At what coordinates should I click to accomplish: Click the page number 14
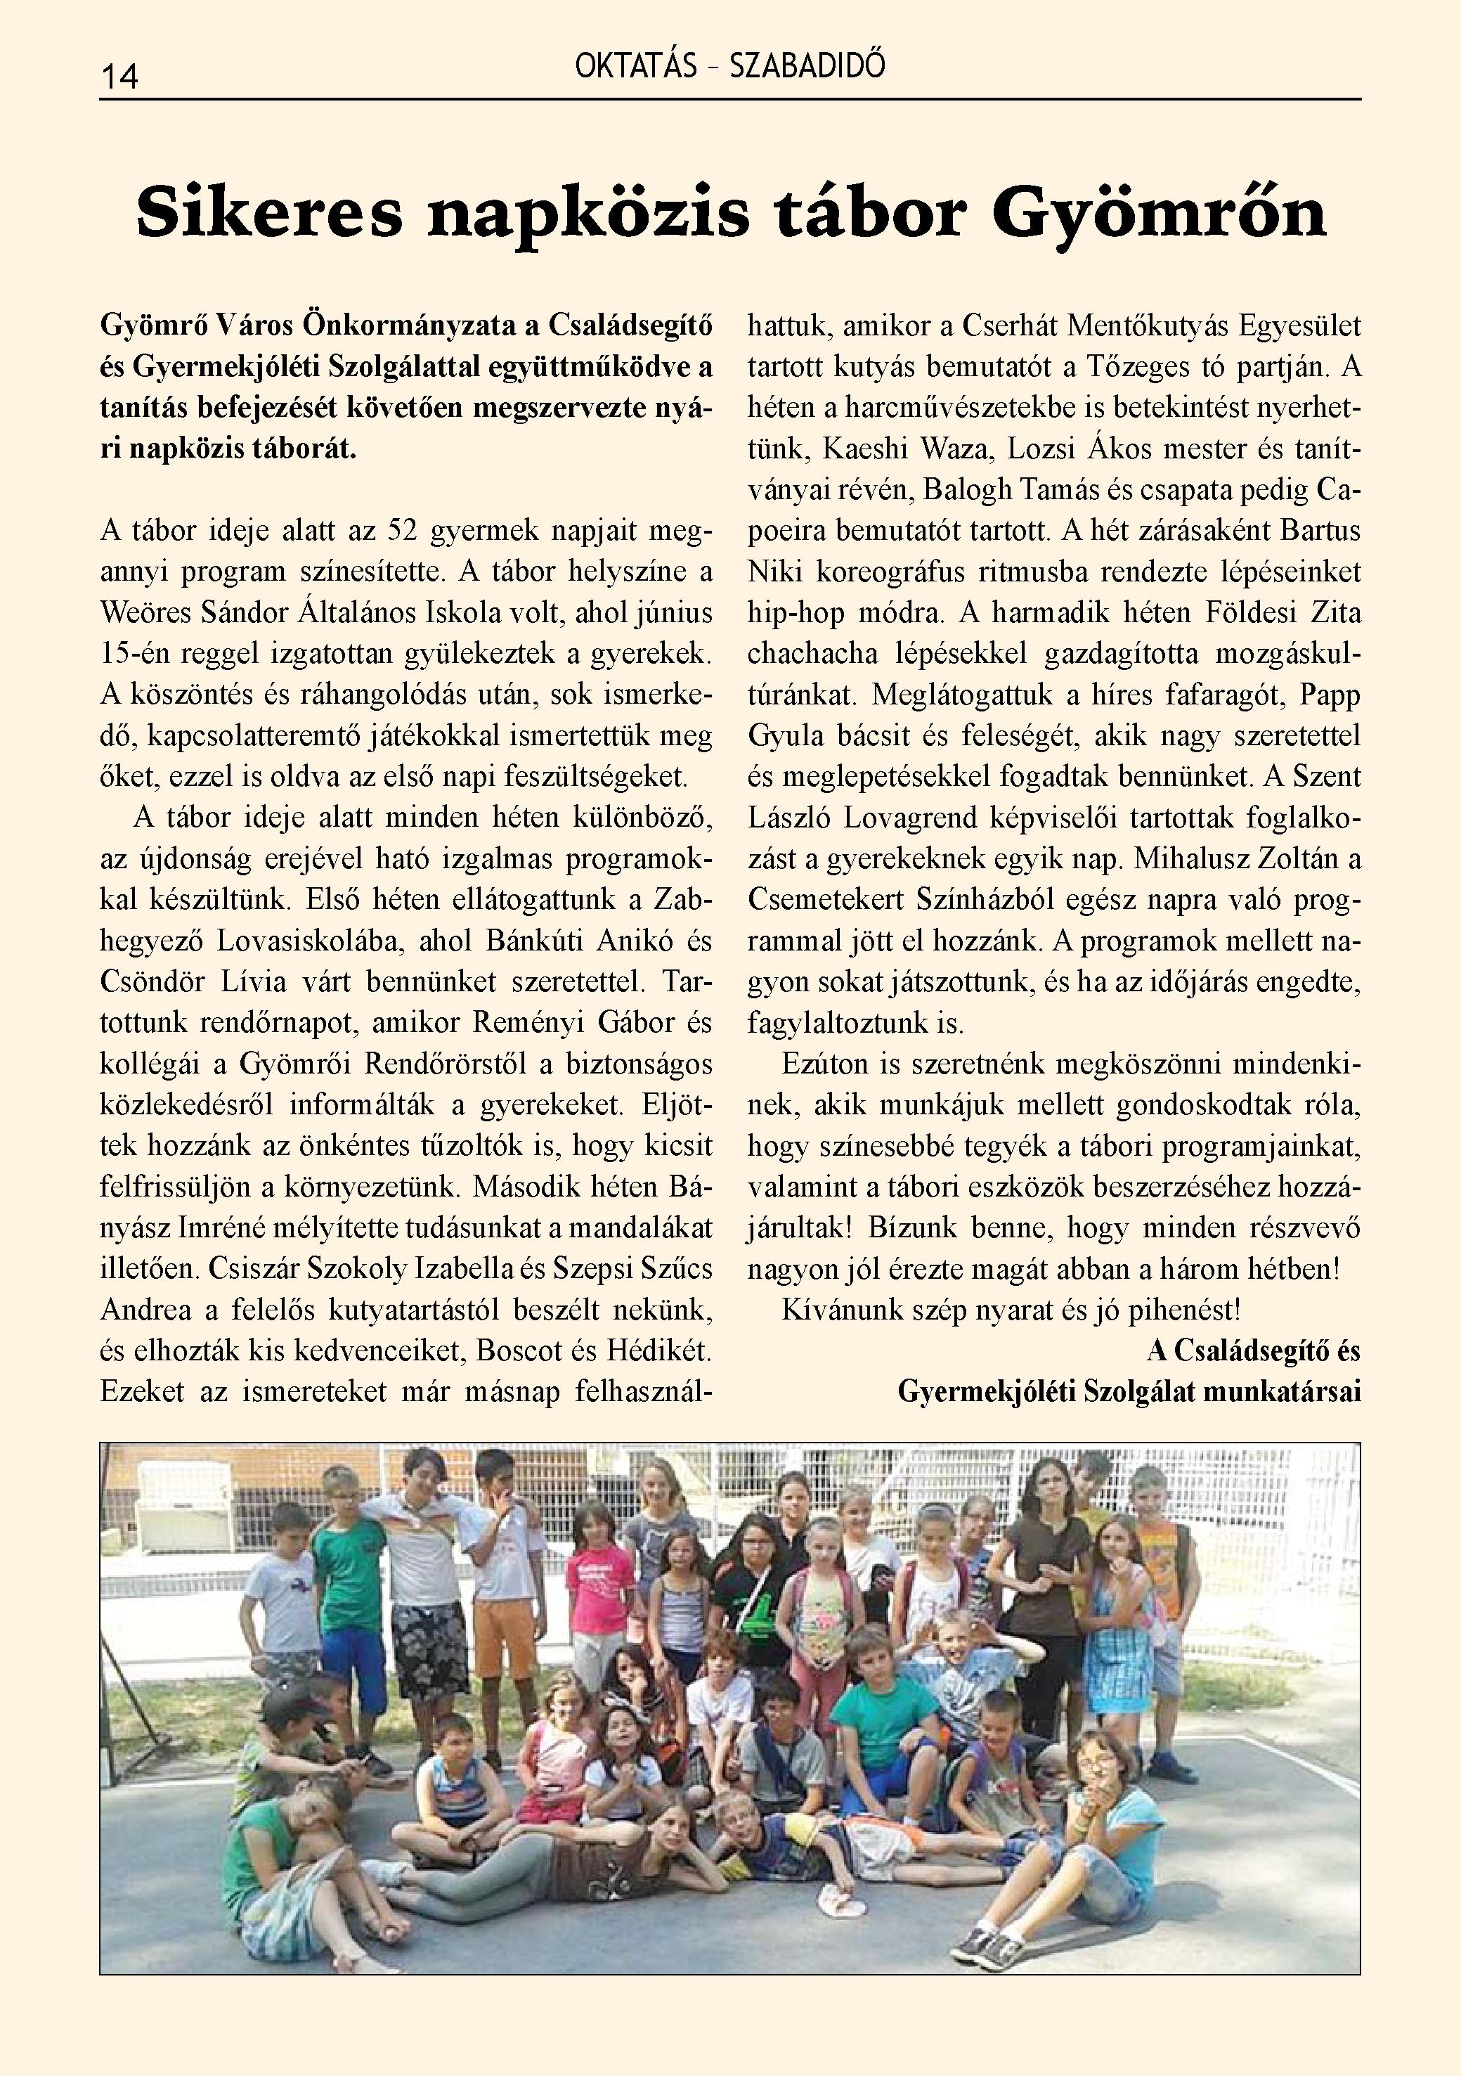(x=119, y=76)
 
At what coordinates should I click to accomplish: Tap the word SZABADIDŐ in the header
(x=807, y=67)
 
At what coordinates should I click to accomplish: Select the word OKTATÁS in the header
(x=635, y=67)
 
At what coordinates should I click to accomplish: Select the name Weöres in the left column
(x=142, y=613)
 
